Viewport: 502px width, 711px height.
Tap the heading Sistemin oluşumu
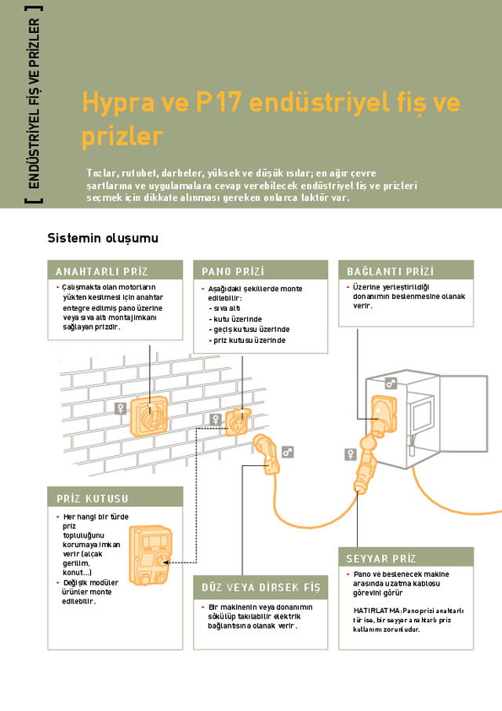click(x=102, y=238)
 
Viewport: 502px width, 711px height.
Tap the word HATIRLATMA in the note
click(x=377, y=610)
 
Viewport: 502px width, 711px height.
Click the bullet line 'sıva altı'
click(x=228, y=308)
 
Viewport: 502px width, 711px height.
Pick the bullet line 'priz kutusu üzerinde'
click(x=249, y=340)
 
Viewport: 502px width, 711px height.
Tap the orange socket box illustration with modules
click(x=150, y=556)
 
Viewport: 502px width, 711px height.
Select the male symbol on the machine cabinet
click(x=390, y=384)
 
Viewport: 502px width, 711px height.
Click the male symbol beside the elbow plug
click(x=288, y=451)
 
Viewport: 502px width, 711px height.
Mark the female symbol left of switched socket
click(x=120, y=407)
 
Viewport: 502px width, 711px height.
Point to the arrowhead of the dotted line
click(x=171, y=562)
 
